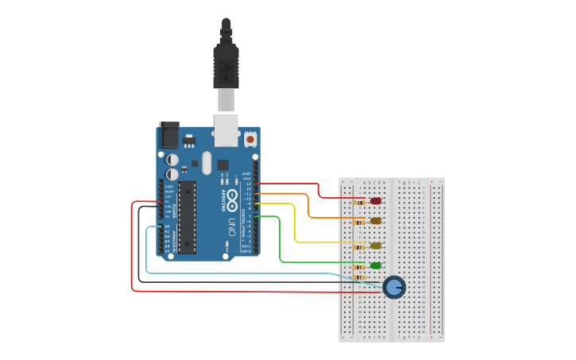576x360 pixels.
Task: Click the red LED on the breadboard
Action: [376, 201]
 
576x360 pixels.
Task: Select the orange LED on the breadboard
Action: [376, 221]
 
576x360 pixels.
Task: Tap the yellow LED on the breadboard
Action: [376, 246]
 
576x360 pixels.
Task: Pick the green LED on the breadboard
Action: [376, 265]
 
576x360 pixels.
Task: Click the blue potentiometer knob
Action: [394, 287]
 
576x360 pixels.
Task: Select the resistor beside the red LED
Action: [359, 203]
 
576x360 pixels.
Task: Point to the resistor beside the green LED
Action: [359, 267]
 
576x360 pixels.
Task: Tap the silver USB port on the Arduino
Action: [226, 129]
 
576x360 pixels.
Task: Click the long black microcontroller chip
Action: [187, 217]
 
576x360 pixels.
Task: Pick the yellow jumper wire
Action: [296, 226]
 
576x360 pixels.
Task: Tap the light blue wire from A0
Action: [148, 254]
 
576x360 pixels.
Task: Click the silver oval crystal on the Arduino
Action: [207, 163]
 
